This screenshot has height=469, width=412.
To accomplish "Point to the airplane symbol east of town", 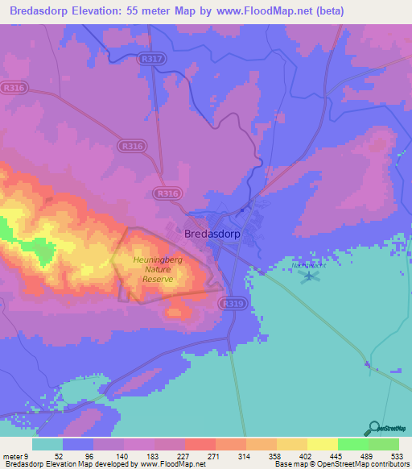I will click(x=310, y=276).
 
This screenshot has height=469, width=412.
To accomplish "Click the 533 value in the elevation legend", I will click(x=397, y=455).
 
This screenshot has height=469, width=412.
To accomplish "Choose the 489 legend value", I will click(x=366, y=455).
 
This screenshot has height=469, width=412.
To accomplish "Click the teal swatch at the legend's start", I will click(x=47, y=444).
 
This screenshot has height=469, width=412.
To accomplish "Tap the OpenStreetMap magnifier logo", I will click(x=374, y=429).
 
